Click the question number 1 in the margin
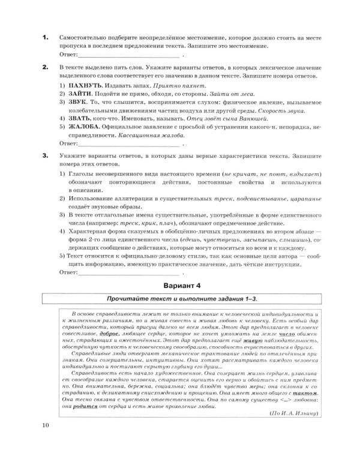tap(44, 38)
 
